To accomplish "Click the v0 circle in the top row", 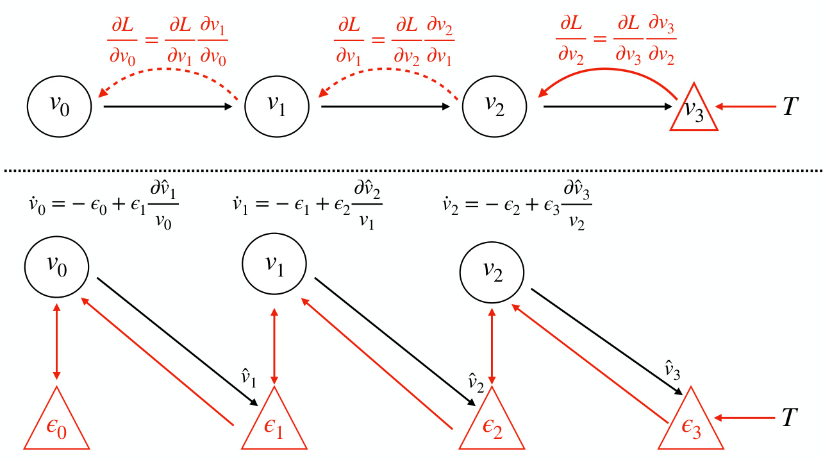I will tap(60, 106).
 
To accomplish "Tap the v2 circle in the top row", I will tap(494, 106).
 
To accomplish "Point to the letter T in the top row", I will tap(790, 107).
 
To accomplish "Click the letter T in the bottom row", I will tap(790, 418).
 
